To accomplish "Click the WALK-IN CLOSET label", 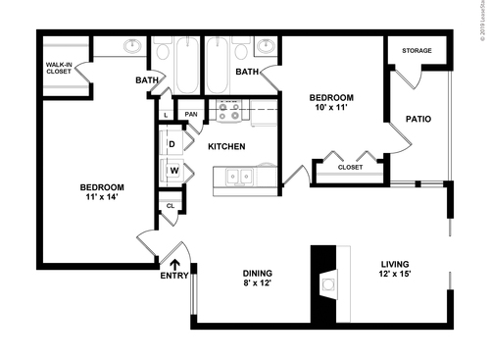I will [59, 69].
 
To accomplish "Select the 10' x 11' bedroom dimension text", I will [330, 109].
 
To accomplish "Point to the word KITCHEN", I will [227, 146].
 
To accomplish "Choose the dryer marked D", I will [172, 144].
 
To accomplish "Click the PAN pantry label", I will [191, 114].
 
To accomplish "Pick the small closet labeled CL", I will [171, 206].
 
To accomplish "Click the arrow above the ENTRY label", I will [175, 262].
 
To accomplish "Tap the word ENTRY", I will [174, 276].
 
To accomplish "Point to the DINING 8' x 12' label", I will [259, 278].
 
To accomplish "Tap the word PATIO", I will [419, 120].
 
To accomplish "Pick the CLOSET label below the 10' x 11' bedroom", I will [350, 167].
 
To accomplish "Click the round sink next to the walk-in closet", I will [131, 46].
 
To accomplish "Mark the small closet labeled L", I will [167, 115].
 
